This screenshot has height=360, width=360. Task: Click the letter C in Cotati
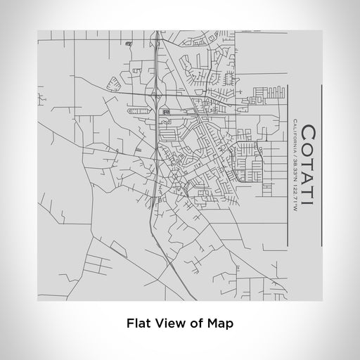coord(309,131)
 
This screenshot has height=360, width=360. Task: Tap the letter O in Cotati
coord(309,149)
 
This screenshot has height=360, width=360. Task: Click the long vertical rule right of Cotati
coord(321,166)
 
